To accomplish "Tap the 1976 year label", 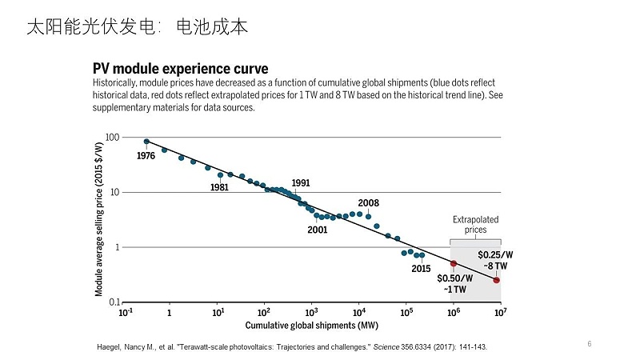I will point(146,156).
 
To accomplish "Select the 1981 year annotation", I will point(219,187).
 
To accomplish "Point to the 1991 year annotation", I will point(301,182).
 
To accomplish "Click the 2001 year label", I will point(318,230).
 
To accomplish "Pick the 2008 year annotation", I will point(368,203).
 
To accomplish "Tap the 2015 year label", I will point(422,268).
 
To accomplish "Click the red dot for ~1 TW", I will point(454,263).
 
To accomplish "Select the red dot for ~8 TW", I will point(496,280).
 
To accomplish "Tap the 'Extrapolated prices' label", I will point(475,224).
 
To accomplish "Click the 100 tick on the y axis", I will point(112,138).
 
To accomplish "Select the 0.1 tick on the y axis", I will point(112,302).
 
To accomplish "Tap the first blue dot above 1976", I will point(146,142).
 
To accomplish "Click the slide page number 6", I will point(590,344).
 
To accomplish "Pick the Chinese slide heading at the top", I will point(137,27).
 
